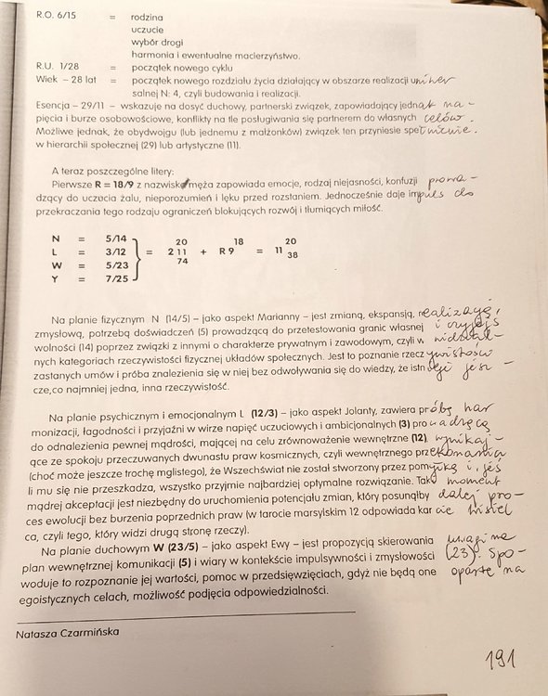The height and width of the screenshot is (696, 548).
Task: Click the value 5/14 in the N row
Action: tap(119, 238)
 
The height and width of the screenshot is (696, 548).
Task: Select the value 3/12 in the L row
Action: tap(119, 251)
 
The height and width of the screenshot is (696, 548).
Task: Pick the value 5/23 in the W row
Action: tap(119, 264)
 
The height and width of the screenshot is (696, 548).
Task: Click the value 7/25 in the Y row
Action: tap(119, 277)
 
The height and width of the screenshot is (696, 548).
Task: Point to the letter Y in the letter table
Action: tap(57, 277)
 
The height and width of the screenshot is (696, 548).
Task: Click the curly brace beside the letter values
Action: tap(140, 257)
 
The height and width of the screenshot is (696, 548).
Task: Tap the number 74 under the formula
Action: tap(182, 264)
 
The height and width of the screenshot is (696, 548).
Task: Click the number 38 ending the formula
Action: tap(293, 252)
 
